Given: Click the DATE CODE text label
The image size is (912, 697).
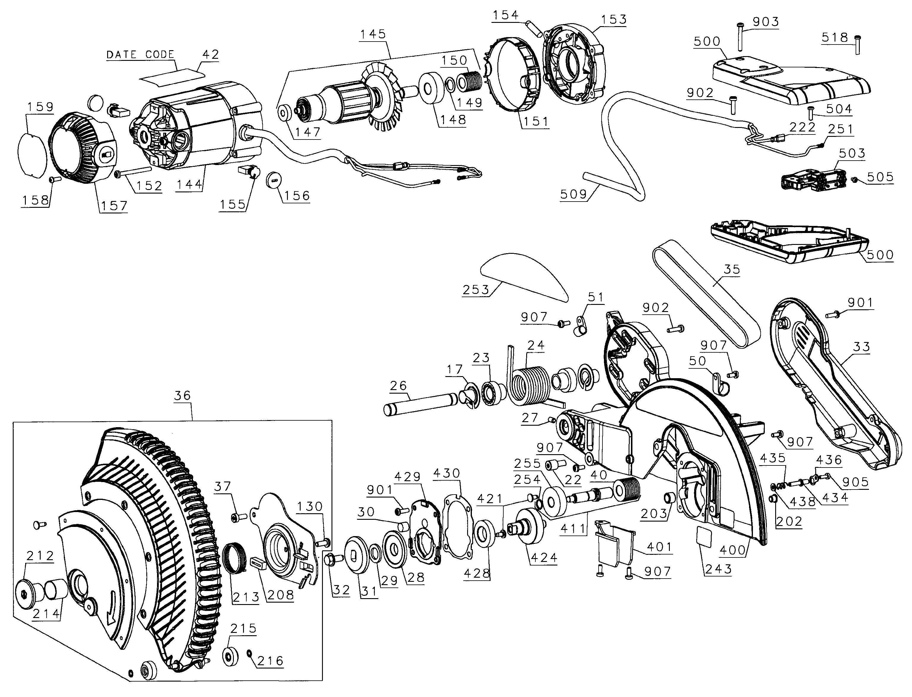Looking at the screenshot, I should [140, 55].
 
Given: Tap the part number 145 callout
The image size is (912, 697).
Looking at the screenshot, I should [373, 34].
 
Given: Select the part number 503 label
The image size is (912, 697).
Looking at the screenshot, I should [852, 153].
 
